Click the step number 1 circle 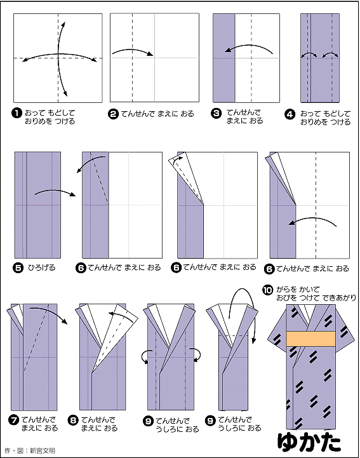pyautogui.click(x=17, y=113)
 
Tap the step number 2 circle pyautogui.click(x=114, y=114)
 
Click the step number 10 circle pyautogui.click(x=267, y=290)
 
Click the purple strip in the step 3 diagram pyautogui.click(x=224, y=57)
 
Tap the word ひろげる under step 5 pyautogui.click(x=41, y=267)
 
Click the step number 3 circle pyautogui.click(x=217, y=113)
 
